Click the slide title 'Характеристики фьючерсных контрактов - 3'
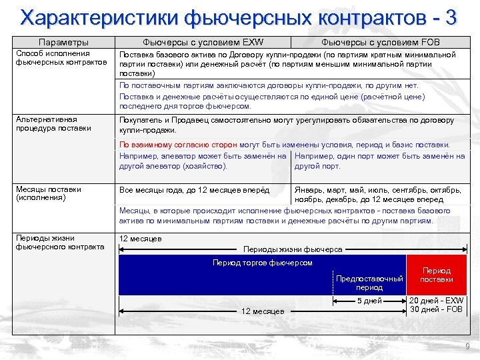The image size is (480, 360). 239,17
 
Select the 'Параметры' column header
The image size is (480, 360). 63,43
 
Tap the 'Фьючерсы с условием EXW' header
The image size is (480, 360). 203,43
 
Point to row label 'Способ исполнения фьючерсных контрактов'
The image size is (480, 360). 61,58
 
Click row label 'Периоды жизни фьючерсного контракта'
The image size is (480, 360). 60,242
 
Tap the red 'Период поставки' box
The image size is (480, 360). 437,275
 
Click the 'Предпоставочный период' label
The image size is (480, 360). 369,283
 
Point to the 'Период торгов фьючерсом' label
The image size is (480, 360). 262,263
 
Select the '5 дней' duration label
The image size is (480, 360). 369,301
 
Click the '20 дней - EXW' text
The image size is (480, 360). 436,301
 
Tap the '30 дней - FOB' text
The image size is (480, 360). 436,309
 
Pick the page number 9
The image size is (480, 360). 467,347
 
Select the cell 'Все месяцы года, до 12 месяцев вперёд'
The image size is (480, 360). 194,190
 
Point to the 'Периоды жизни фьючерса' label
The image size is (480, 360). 293,249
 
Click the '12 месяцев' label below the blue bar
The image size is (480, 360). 263,311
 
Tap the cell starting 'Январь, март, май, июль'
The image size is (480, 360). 379,194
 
